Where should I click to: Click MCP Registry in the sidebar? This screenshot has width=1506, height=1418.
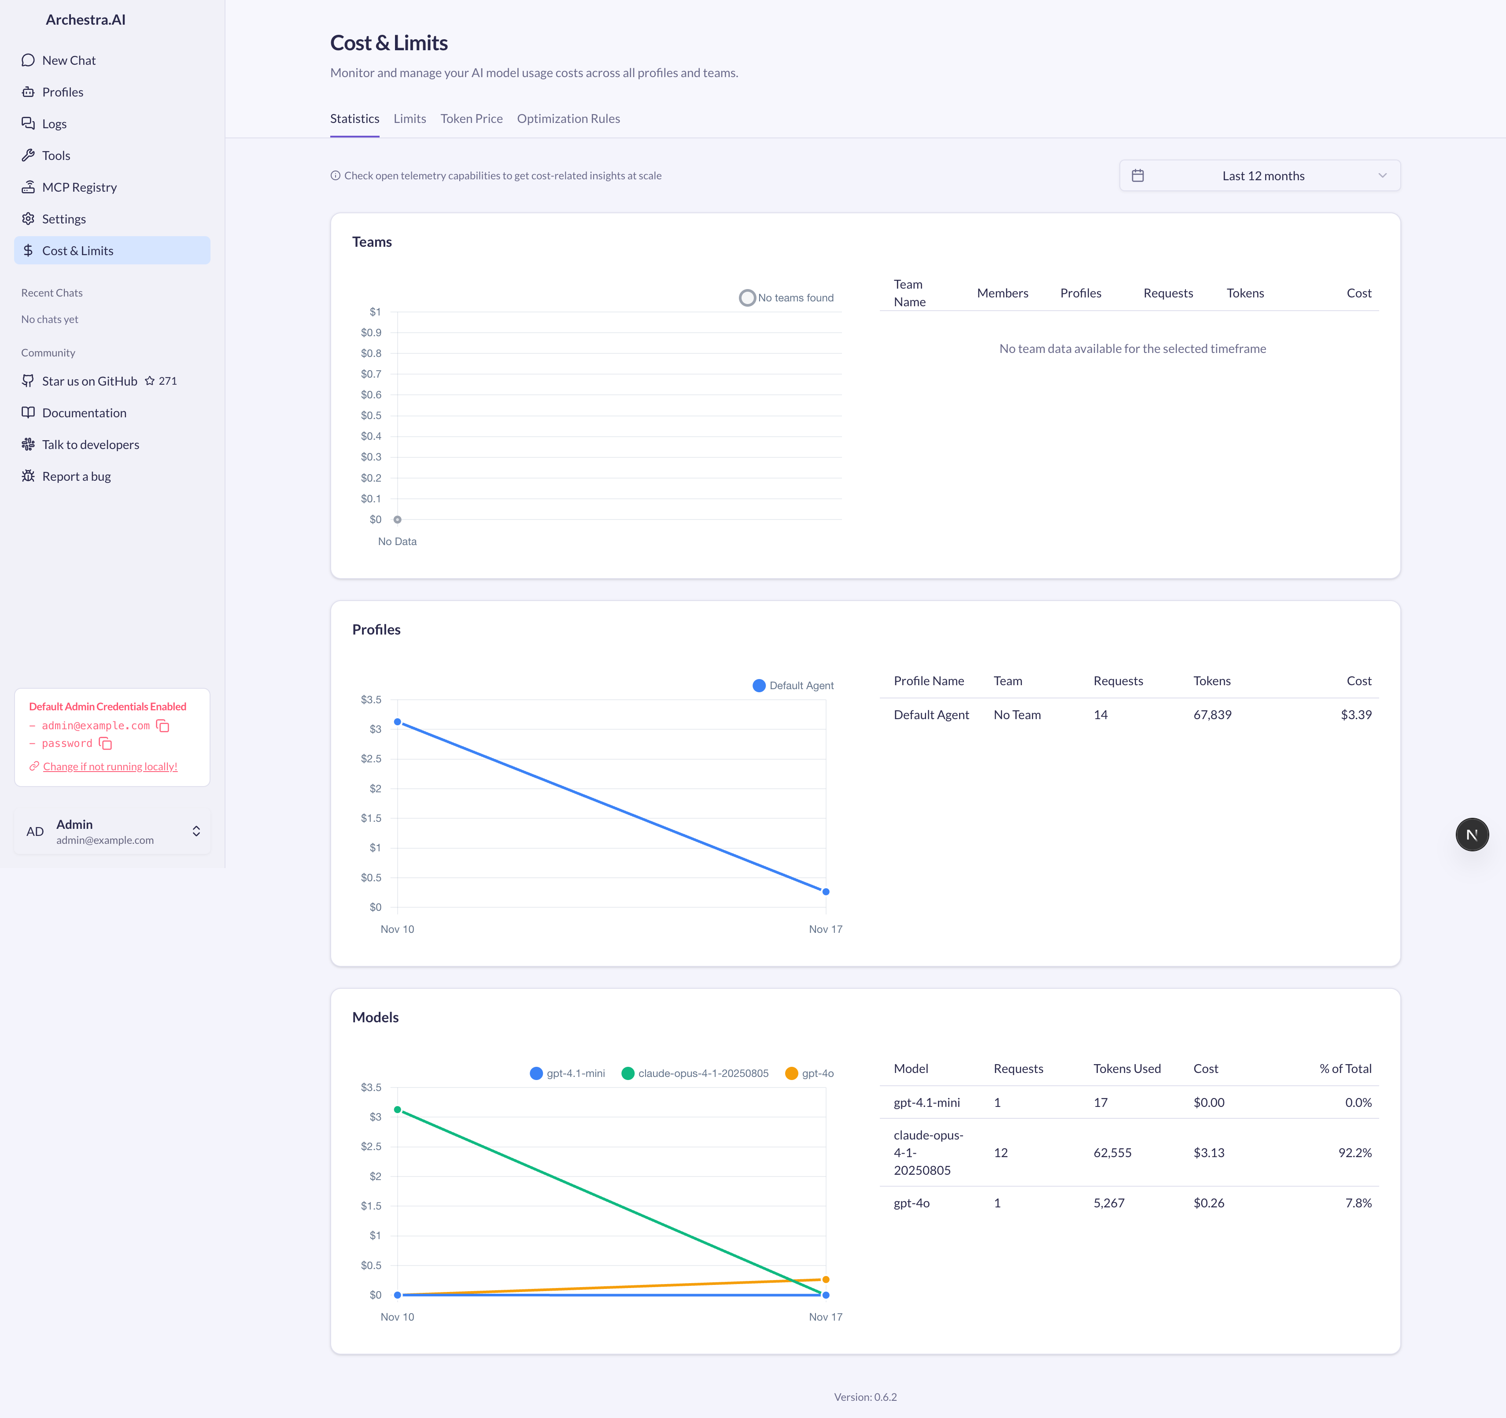click(79, 187)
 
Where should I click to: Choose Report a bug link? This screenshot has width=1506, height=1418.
click(76, 476)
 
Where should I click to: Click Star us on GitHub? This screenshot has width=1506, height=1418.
click(89, 381)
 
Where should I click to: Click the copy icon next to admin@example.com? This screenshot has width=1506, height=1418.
click(163, 726)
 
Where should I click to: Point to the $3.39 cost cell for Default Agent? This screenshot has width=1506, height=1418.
click(1355, 715)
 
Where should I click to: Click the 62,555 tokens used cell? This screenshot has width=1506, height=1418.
click(1112, 1153)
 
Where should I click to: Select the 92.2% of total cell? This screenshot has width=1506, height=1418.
click(1355, 1153)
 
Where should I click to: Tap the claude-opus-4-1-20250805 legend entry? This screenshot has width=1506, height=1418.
click(695, 1073)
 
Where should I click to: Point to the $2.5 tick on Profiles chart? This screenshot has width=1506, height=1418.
click(371, 759)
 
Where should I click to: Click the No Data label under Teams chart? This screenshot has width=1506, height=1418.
click(397, 541)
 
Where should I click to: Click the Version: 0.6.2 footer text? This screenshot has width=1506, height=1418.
click(865, 1397)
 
